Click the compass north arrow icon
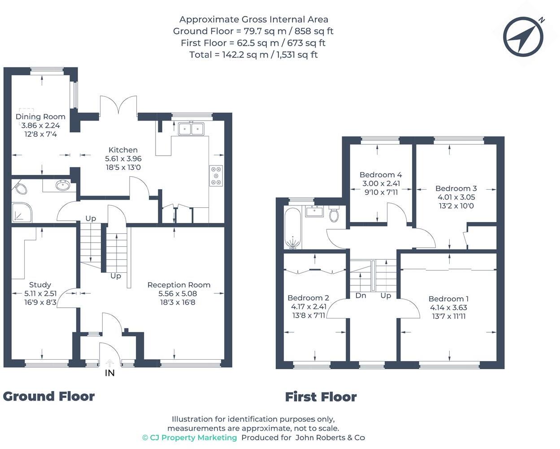point(523,37)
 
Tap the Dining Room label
point(40,117)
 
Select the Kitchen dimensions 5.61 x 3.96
point(123,159)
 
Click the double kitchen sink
point(191,129)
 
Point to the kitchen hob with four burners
point(216,176)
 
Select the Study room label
point(40,285)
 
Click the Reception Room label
point(178,285)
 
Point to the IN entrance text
point(109,373)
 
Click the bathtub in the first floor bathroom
point(293,228)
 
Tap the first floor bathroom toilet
point(334,214)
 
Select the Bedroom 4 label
point(381,175)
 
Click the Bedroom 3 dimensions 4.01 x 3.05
point(456,197)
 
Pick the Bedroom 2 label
point(308,298)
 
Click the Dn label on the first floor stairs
point(360,296)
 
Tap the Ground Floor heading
point(49,397)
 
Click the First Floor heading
point(321,397)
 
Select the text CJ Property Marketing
point(189,438)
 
